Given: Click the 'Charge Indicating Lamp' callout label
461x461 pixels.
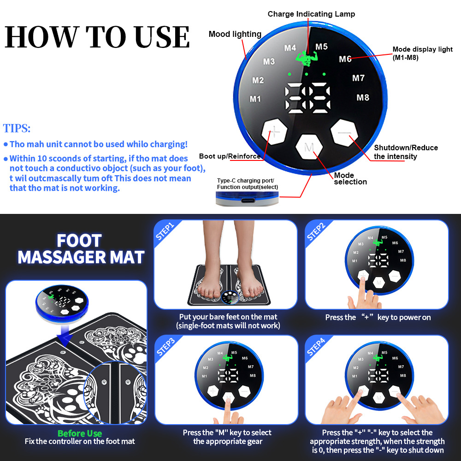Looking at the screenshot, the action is pos(311,14).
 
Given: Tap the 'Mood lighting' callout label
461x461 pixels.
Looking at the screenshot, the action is pos(235,34).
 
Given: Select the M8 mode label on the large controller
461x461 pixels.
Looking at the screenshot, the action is pos(362,98).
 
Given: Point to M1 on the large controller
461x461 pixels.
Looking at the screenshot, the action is pos(255,99).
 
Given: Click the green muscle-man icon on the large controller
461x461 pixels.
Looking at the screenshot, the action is pos(307,58).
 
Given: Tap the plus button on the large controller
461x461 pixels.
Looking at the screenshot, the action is pos(274,131).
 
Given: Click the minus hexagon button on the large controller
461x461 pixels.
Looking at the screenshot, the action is pos(344,133).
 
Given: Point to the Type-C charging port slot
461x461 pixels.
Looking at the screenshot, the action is pos(247,201).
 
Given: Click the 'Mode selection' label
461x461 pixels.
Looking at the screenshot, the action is pos(350,178).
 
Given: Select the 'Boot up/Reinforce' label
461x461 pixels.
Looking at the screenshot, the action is pos(230,156).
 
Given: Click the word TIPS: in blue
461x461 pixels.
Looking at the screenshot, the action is pos(17,129).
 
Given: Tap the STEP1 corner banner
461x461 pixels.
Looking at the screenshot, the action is pos(165,231).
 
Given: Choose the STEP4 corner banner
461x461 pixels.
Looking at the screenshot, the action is pos(316,347).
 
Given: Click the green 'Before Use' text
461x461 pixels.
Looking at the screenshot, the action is pos(80,433).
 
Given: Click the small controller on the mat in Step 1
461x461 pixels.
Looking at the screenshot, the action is pos(230,297).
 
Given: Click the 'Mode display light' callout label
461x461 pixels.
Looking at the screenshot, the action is pos(422,53).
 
